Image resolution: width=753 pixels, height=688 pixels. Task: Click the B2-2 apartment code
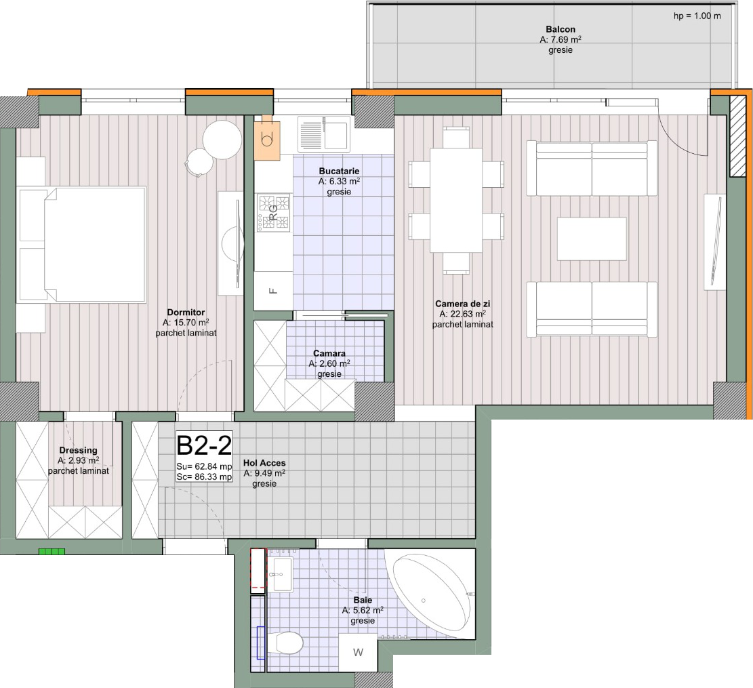204,445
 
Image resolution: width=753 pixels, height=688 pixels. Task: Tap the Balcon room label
561,29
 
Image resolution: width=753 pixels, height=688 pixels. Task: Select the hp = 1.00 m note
697,16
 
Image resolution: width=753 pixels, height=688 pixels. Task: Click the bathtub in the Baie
432,594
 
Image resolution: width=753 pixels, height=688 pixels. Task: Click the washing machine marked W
358,653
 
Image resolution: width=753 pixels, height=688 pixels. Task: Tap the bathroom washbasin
283,574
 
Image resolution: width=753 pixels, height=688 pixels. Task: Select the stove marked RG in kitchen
273,213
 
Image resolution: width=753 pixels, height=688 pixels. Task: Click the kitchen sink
324,134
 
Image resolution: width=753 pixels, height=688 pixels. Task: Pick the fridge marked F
273,291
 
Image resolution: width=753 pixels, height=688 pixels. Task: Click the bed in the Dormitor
81,245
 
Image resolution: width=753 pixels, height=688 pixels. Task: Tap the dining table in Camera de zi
455,201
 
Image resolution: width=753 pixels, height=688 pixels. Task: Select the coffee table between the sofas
592,239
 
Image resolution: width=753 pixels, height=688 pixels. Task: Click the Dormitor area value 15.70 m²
186,323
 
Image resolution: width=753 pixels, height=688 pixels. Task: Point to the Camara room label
329,353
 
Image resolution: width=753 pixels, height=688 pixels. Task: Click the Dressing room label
78,450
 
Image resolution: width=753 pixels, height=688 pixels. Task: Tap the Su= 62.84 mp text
204,466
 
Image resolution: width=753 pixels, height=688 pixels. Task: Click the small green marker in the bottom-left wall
52,552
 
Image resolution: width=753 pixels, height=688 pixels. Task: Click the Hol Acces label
264,463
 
